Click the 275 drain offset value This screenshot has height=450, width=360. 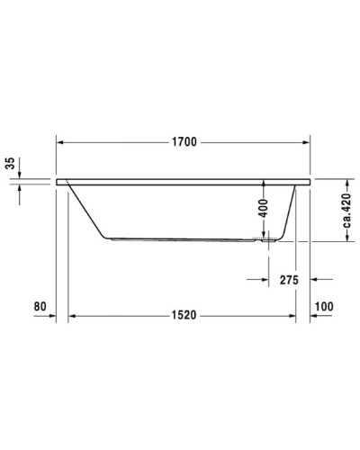pos(288,280)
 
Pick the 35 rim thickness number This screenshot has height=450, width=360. pos(10,164)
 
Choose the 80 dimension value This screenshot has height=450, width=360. pos(40,306)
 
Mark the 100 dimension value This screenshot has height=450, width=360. pos(324,306)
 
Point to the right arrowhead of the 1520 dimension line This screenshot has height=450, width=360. pos(292,315)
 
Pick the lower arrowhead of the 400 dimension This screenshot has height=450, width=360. pos(263,237)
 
